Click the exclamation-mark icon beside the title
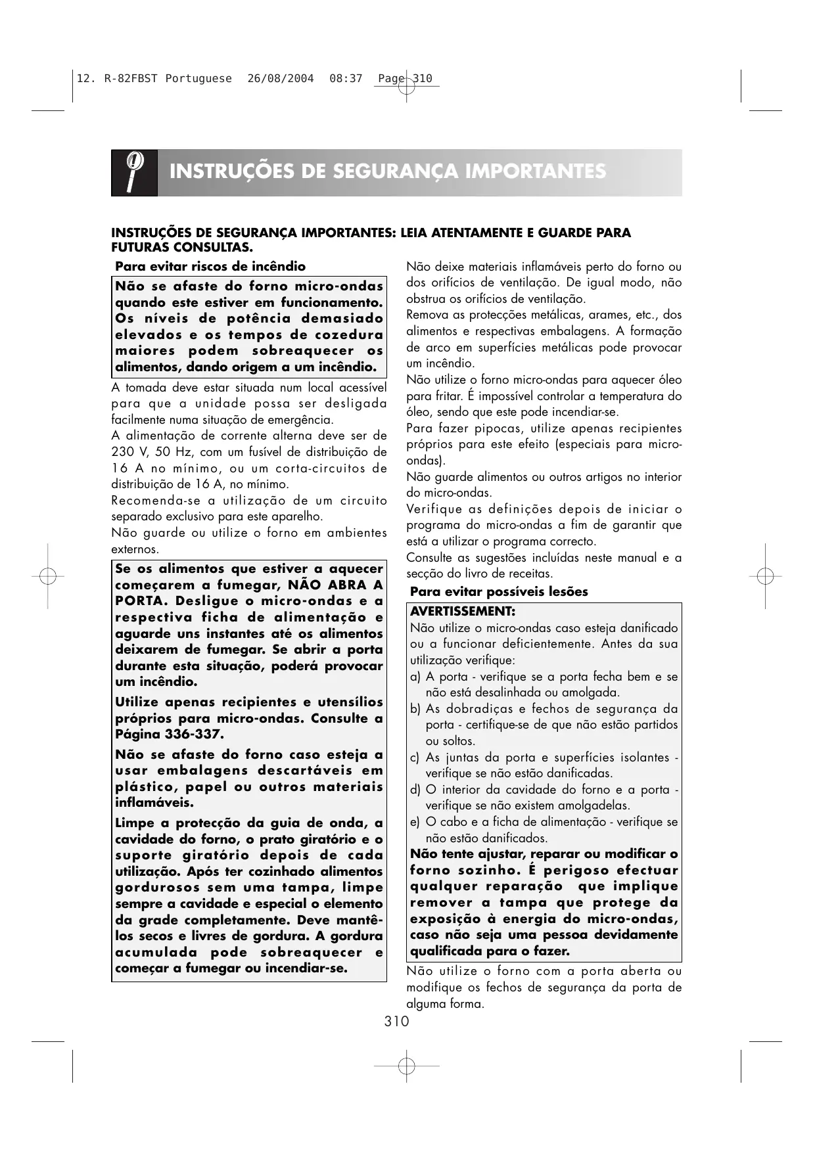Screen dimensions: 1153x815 [x=135, y=172]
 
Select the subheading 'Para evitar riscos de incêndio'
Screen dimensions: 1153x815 [x=210, y=267]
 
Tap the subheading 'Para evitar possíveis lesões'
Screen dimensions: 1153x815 [x=499, y=591]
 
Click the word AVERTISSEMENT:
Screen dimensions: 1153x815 [x=463, y=612]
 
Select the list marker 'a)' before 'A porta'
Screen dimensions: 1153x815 [x=415, y=677]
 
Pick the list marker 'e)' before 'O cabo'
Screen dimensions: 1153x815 [x=415, y=822]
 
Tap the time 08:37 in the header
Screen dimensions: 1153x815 [x=346, y=79]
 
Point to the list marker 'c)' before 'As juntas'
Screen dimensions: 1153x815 [x=415, y=757]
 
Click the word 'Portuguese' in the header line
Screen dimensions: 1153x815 [x=198, y=79]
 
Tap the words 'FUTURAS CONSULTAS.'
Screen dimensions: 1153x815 [x=182, y=248]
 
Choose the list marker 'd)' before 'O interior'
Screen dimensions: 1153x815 [x=415, y=790]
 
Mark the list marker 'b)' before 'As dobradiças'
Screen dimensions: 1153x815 [x=415, y=709]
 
